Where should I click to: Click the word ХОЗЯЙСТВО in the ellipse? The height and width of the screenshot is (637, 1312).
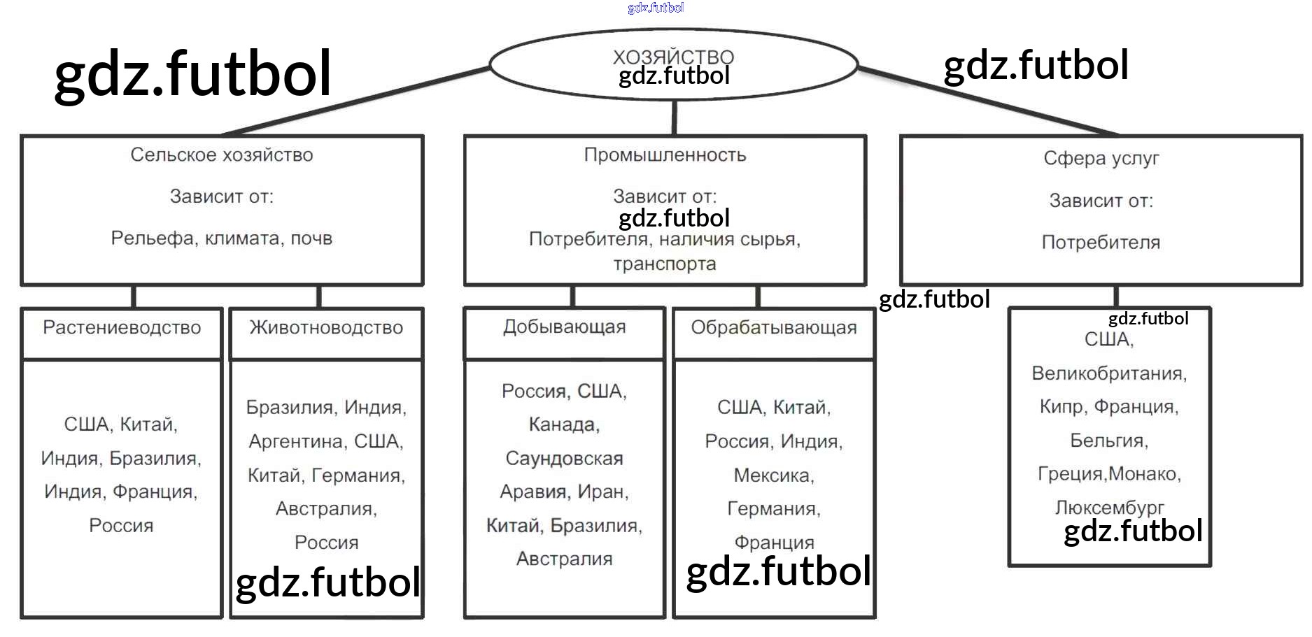673,57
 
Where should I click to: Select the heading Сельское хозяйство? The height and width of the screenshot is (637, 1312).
222,155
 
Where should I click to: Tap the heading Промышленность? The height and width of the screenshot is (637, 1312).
665,155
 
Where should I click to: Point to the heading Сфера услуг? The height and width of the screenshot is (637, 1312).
1101,158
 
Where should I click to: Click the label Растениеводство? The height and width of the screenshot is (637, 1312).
122,327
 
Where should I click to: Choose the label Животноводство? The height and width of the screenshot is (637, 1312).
326,327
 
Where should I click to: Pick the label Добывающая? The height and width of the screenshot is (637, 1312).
564,327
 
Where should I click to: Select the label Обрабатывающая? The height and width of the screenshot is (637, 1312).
773,327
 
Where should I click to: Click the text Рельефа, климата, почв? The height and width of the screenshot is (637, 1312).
222,238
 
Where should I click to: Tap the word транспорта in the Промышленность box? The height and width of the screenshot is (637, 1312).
665,264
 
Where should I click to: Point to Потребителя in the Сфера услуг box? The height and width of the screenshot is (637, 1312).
1101,243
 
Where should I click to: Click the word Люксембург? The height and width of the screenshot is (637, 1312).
1109,507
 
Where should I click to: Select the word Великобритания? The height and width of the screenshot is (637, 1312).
1108,373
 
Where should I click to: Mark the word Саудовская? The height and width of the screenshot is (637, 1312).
564,458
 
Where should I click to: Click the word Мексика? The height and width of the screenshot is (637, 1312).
773,475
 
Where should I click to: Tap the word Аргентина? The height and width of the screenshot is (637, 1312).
297,441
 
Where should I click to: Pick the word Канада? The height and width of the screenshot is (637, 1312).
564,424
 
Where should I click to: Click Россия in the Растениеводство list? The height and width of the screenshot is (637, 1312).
121,525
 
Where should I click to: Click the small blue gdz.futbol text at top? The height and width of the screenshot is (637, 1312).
656,8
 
